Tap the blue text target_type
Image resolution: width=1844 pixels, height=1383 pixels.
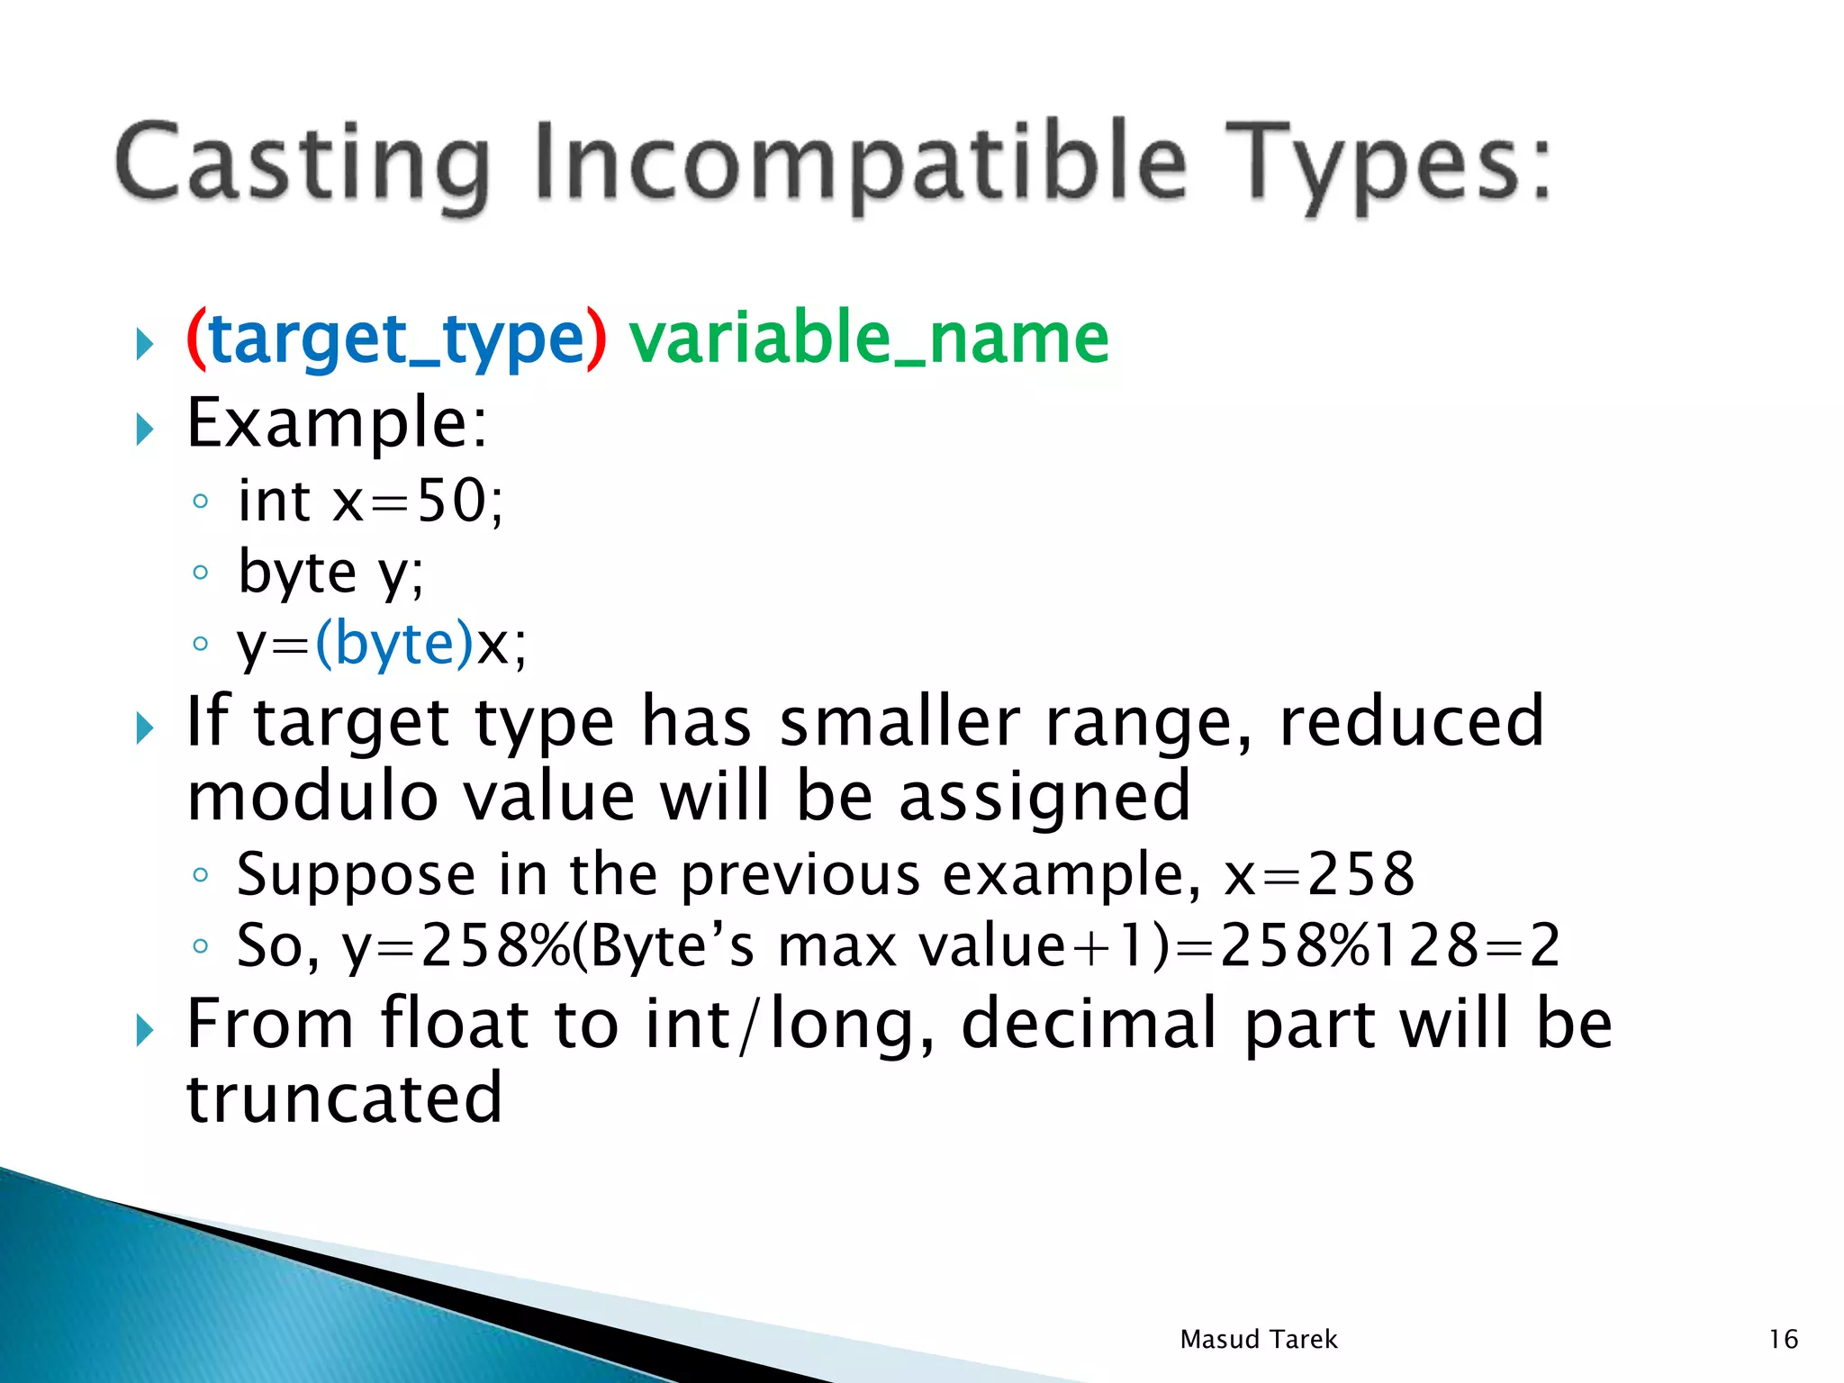(396, 340)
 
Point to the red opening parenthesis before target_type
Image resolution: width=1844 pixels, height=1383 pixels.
(195, 340)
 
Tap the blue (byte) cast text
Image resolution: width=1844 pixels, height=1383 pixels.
(393, 645)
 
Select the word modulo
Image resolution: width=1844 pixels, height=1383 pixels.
(312, 798)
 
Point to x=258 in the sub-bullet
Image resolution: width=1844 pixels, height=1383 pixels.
(1318, 874)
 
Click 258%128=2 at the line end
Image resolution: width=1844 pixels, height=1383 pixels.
(1389, 946)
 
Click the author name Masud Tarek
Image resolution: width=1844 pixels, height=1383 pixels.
(1258, 1340)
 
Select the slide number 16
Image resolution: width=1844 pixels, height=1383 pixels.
(1783, 1340)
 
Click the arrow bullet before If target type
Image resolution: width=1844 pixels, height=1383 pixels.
(145, 728)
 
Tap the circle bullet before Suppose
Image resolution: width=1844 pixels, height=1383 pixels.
(201, 874)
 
